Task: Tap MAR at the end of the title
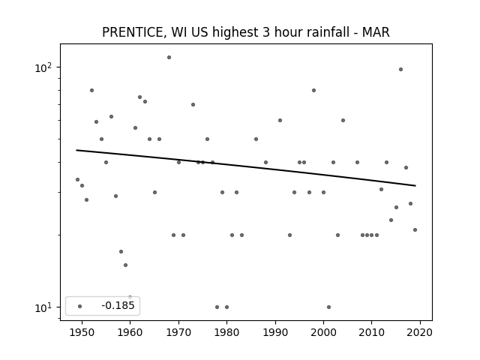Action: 376,32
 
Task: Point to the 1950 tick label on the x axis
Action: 82,333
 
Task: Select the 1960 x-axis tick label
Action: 130,333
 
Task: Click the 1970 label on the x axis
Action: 178,333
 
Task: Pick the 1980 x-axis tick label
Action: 226,333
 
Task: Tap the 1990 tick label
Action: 275,333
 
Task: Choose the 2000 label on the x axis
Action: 323,333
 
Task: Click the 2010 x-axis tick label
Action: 372,333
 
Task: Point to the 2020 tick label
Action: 420,333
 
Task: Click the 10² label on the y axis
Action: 43,67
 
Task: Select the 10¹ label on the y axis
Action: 43,307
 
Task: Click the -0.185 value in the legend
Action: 118,305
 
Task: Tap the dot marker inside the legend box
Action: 80,306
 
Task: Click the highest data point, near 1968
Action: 169,58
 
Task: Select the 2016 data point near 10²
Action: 400,70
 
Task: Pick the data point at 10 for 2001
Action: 328,307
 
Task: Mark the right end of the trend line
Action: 415,185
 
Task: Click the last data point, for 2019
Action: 415,230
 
